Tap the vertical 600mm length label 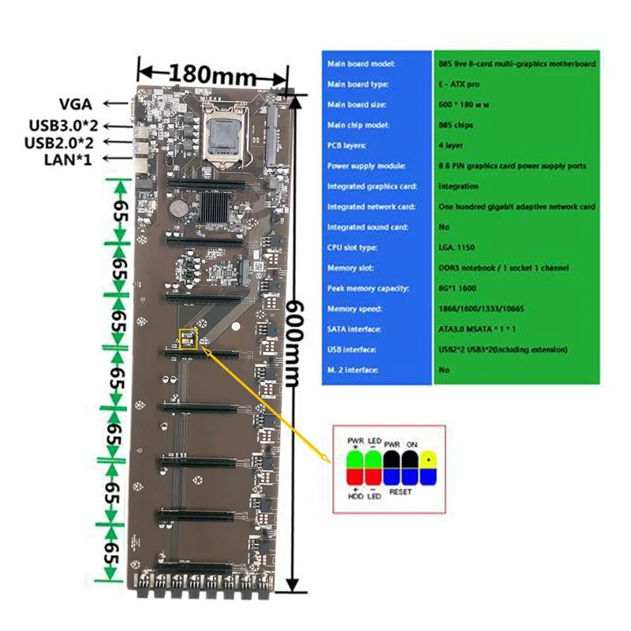tap(293, 342)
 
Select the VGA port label tap(76, 103)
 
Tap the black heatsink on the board tap(218, 210)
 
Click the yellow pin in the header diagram tap(428, 465)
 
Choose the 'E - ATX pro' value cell tap(457, 84)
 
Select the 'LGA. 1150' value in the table tap(456, 248)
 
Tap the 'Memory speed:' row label tap(352, 308)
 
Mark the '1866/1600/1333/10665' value tap(476, 308)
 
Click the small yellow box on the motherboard tap(188, 338)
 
